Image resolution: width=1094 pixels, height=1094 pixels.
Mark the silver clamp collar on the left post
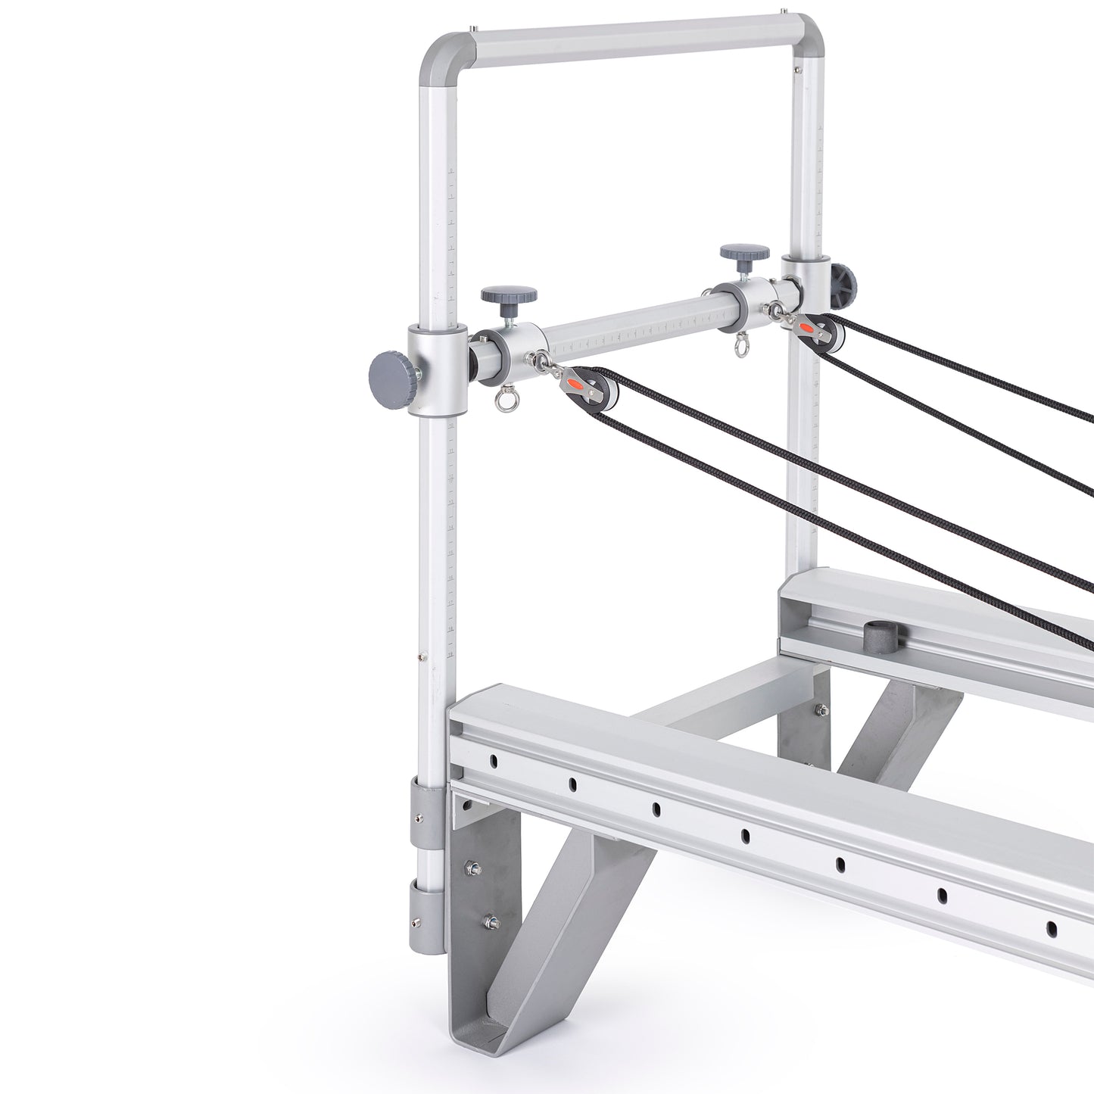point(432,369)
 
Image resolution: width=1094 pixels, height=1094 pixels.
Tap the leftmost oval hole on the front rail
point(493,758)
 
